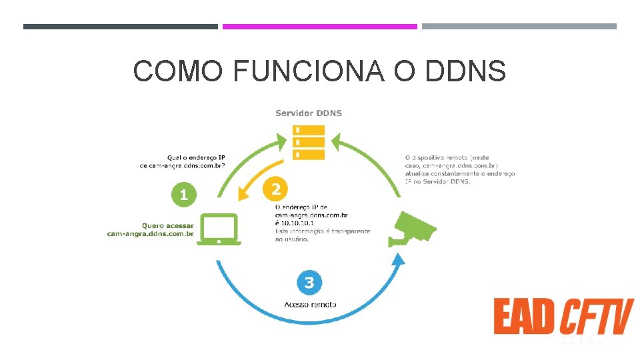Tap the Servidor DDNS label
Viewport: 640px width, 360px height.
click(309, 113)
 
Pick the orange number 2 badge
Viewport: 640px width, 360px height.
click(276, 189)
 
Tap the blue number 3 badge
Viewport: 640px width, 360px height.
click(309, 283)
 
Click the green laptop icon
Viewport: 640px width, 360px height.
click(219, 229)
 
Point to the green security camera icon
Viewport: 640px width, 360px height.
click(413, 228)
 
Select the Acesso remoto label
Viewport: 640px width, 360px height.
click(310, 305)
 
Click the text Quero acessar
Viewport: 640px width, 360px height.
click(168, 225)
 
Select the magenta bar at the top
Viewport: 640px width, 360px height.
click(319, 27)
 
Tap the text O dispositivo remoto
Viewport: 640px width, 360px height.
click(437, 157)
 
